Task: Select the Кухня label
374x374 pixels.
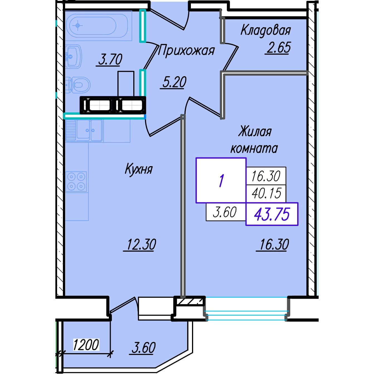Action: coord(139,169)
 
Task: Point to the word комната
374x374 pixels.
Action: coord(254,149)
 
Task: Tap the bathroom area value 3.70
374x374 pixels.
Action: coord(110,60)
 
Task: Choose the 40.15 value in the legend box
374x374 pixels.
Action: coord(266,193)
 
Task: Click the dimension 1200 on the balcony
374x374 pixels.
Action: coord(86,345)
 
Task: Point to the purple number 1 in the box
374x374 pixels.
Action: coord(221,181)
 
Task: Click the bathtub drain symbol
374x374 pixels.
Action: coord(78,25)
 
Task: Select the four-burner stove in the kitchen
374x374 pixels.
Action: coord(76,182)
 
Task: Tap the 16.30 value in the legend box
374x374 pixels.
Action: coord(266,176)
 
